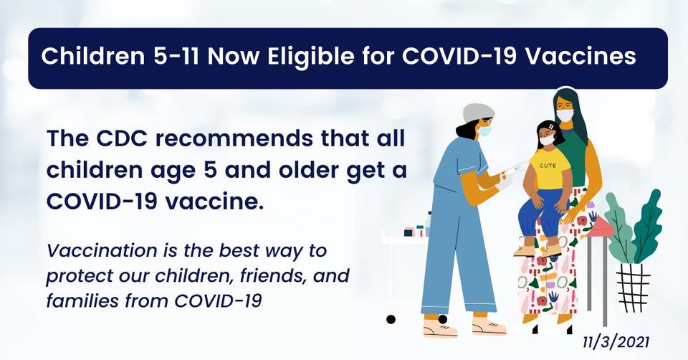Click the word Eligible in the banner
tap(312, 57)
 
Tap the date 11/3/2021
tap(616, 342)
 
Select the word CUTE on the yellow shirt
tap(548, 166)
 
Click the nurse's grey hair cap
tap(478, 113)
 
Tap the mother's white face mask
tap(565, 115)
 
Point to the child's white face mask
tap(547, 140)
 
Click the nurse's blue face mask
tap(484, 131)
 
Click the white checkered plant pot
tap(633, 287)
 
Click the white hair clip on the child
tap(550, 126)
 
